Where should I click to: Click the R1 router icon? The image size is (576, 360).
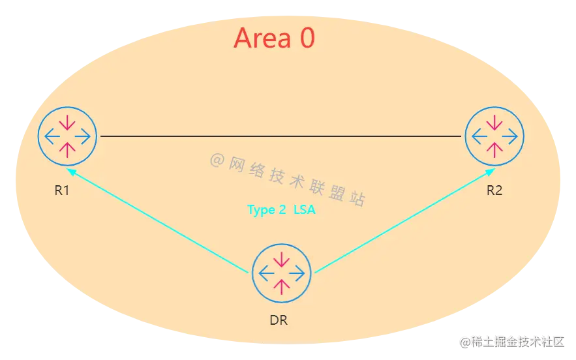coord(67,136)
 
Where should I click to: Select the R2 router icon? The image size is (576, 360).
coord(494,136)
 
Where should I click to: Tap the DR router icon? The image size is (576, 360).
coord(281,273)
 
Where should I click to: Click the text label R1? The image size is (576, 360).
coord(63,192)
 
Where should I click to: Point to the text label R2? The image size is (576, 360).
coord(494,190)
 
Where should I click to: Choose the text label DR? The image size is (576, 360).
coord(278,320)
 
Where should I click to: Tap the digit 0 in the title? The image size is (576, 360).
coord(307,38)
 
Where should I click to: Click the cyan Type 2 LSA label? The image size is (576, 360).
coord(281,210)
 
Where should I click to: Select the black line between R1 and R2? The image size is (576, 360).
coord(280,136)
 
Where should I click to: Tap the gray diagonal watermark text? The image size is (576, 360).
coord(287,180)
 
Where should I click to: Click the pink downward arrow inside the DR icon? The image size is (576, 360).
coord(281,259)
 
